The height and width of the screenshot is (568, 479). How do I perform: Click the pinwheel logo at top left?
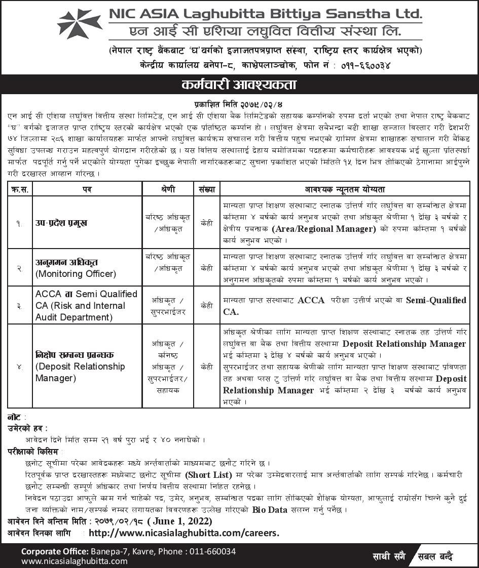tap(80, 24)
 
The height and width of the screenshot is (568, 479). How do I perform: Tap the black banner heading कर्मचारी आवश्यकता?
tap(239, 85)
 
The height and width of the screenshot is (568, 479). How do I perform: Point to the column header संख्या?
tap(206, 189)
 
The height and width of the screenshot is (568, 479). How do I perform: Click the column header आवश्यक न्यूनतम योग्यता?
tap(345, 189)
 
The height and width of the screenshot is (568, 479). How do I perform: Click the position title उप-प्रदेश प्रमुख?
tap(61, 223)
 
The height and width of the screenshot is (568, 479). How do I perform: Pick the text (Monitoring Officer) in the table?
tap(76, 274)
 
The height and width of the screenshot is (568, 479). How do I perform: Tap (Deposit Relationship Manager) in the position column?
tap(80, 372)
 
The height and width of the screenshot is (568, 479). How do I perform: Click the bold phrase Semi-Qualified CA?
tap(345, 306)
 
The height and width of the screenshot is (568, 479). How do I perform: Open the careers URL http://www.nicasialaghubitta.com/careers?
tap(184, 533)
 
